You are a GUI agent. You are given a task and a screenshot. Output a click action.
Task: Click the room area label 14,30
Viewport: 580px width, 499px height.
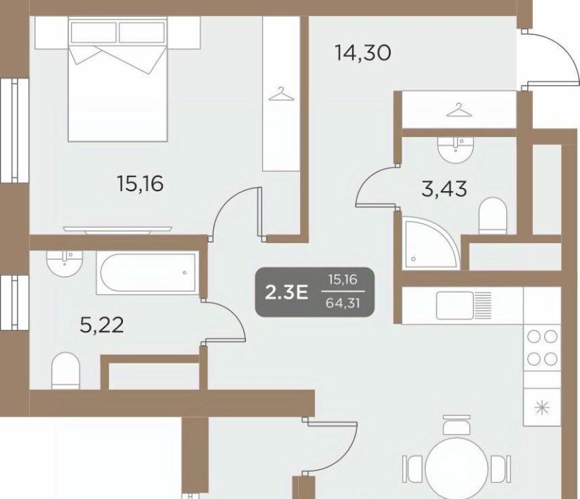click(x=363, y=53)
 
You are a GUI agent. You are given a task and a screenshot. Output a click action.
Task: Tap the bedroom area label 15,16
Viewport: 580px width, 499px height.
click(x=140, y=184)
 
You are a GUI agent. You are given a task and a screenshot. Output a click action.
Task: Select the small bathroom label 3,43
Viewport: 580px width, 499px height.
click(x=444, y=189)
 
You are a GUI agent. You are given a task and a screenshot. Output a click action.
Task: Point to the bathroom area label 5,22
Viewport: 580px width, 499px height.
click(x=102, y=325)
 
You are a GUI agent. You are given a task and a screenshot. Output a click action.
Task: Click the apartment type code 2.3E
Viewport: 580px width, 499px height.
click(x=287, y=293)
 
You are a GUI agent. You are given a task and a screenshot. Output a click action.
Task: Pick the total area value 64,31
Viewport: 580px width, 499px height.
click(x=343, y=304)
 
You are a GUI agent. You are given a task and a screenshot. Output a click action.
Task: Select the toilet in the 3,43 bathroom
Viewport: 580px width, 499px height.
click(x=492, y=216)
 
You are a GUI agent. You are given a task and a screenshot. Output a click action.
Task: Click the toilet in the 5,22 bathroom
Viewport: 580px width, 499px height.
click(x=65, y=370)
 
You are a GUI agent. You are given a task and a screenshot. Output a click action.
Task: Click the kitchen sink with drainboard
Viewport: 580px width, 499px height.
click(x=464, y=306)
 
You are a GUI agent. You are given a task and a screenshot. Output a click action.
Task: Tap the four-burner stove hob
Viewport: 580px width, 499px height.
click(x=542, y=348)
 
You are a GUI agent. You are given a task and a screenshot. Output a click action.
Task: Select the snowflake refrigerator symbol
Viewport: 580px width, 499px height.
click(x=542, y=407)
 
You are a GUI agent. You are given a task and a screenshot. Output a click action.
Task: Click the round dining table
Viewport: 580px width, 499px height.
click(x=456, y=468)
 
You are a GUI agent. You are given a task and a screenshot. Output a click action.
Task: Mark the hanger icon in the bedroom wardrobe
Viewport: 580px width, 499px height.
click(x=281, y=94)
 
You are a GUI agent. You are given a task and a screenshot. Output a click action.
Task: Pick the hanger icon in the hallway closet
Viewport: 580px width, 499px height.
click(x=459, y=110)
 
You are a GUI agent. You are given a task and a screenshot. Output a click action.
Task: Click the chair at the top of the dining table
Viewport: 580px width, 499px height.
click(x=456, y=425)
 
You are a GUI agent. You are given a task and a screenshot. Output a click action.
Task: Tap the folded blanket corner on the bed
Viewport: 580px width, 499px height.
click(x=117, y=59)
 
